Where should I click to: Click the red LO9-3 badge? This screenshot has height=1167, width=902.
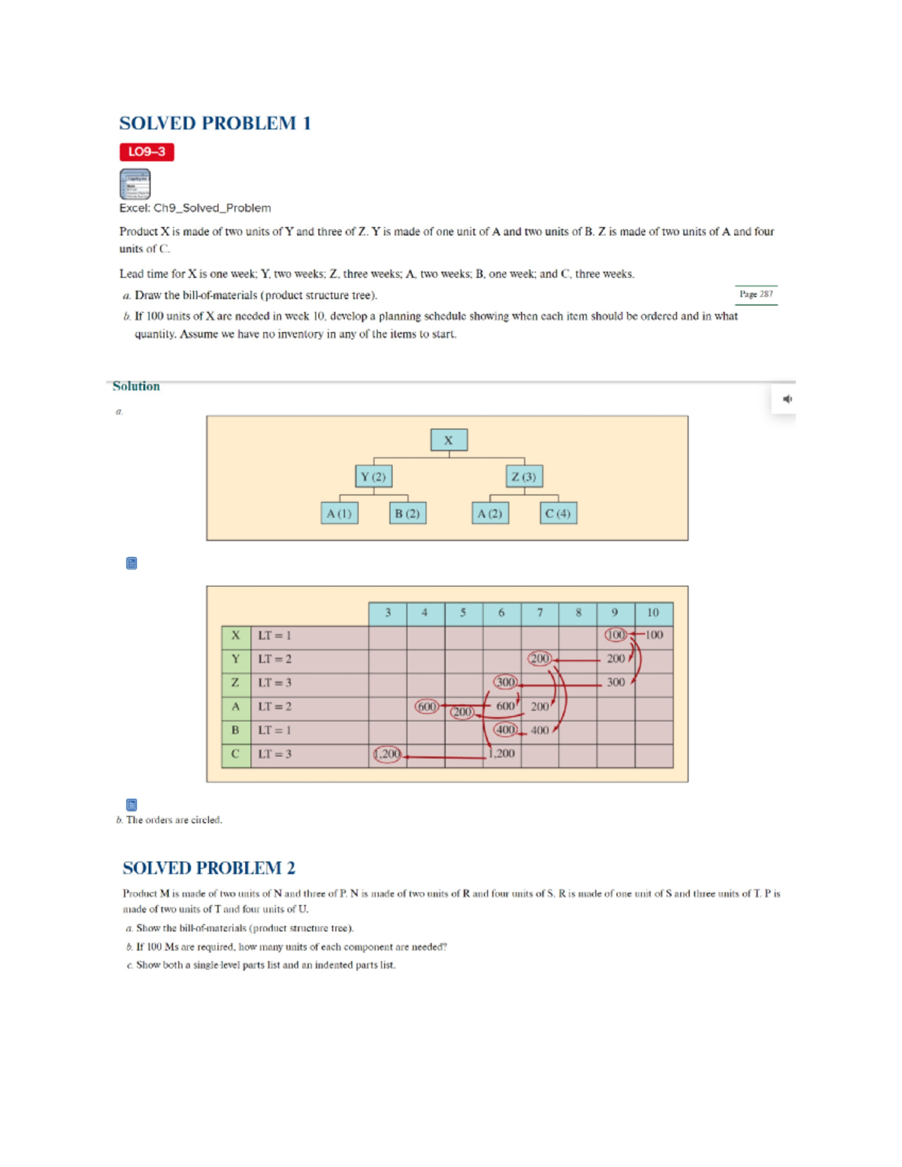tap(147, 152)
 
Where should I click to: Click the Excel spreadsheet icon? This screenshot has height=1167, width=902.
tap(135, 184)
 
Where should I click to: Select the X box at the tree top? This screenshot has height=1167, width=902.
tap(449, 440)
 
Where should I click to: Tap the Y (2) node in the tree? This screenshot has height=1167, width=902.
tap(373, 476)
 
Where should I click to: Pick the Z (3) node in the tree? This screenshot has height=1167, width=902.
tap(524, 476)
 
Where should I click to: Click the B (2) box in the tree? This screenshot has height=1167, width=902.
tap(407, 513)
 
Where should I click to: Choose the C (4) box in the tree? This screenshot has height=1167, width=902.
tap(558, 513)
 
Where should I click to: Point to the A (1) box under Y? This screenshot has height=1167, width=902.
tap(339, 513)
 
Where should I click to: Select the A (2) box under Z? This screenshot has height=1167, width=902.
tap(490, 513)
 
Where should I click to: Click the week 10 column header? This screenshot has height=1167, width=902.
tap(653, 613)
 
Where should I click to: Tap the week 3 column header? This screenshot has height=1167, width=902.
tap(388, 613)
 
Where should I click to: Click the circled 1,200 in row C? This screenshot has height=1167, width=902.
tap(388, 754)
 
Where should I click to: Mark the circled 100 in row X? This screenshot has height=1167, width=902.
tap(616, 635)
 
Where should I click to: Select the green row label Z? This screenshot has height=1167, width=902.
tap(235, 682)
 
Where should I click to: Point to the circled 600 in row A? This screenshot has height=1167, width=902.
tap(426, 706)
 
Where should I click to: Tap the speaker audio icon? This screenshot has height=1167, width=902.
tap(787, 399)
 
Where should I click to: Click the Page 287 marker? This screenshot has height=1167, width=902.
tap(755, 295)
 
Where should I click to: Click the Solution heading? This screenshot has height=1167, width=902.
tap(136, 386)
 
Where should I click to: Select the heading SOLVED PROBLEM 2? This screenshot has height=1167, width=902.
tap(209, 868)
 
